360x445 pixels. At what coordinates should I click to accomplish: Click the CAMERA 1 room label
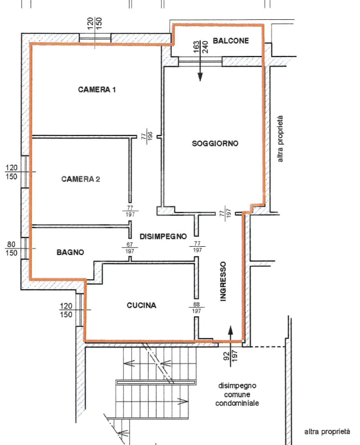(x=97, y=89)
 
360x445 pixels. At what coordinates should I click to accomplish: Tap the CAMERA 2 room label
(x=81, y=179)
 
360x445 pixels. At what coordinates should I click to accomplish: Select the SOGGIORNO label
(x=215, y=144)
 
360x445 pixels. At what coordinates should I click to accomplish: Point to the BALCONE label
(x=231, y=41)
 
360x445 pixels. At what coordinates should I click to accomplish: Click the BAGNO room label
(x=70, y=252)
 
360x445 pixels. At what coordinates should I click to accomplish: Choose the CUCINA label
(x=141, y=305)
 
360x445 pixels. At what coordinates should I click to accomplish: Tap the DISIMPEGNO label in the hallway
(x=164, y=236)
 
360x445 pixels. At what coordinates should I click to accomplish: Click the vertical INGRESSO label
(x=223, y=282)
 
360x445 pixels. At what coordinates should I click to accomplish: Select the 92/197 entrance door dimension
(x=230, y=356)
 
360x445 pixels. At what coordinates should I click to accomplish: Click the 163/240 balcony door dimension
(x=200, y=47)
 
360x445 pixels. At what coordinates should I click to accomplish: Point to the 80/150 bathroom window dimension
(x=11, y=249)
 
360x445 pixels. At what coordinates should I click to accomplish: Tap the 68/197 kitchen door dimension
(x=196, y=308)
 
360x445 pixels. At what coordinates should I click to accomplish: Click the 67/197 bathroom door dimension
(x=130, y=248)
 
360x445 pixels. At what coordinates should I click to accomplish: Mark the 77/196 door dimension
(x=147, y=135)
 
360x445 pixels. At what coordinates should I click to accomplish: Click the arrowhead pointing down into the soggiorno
(x=200, y=76)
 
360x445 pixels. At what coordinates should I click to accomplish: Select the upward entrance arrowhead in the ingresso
(x=231, y=330)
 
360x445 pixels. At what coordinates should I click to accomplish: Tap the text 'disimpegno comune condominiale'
(x=237, y=395)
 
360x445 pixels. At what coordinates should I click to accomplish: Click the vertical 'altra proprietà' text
(x=280, y=139)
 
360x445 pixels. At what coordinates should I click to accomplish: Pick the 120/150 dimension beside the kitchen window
(x=66, y=310)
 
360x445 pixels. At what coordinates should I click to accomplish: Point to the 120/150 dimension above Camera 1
(x=95, y=23)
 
